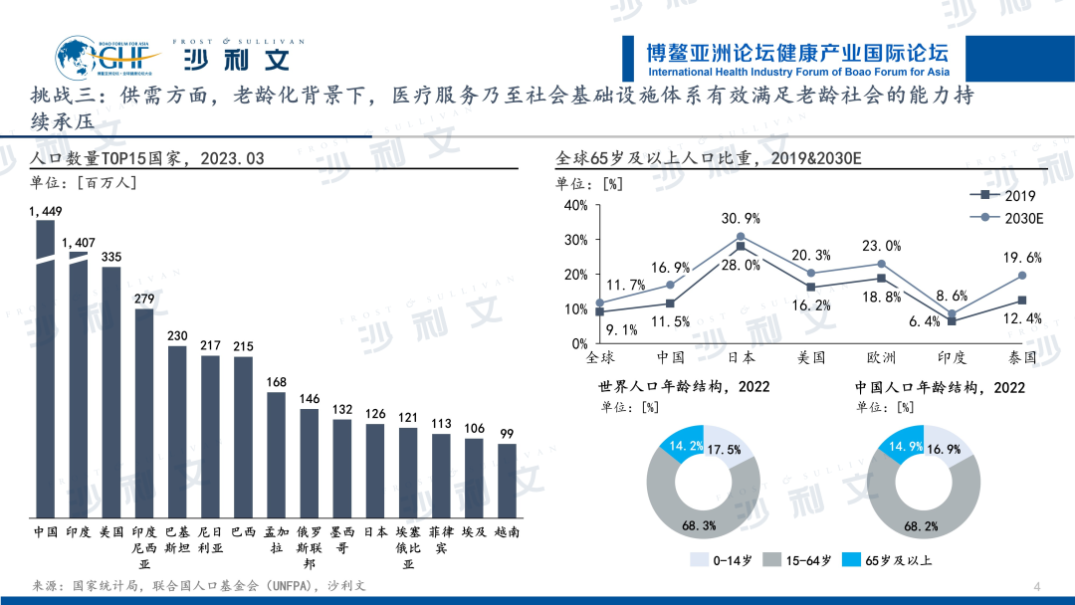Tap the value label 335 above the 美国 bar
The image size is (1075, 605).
[x=111, y=257]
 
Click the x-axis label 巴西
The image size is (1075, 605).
[x=243, y=532]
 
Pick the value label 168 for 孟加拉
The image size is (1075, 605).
[x=276, y=382]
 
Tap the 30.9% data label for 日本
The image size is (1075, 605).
[x=741, y=218]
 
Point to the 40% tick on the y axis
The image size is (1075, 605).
[x=576, y=205]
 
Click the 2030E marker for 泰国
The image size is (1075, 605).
[x=1022, y=276]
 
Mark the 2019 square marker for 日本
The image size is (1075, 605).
[x=741, y=246]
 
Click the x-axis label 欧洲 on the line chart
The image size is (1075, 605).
[x=882, y=356]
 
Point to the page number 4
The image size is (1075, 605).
[x=1037, y=584]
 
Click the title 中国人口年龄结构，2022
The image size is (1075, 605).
[x=940, y=387]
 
